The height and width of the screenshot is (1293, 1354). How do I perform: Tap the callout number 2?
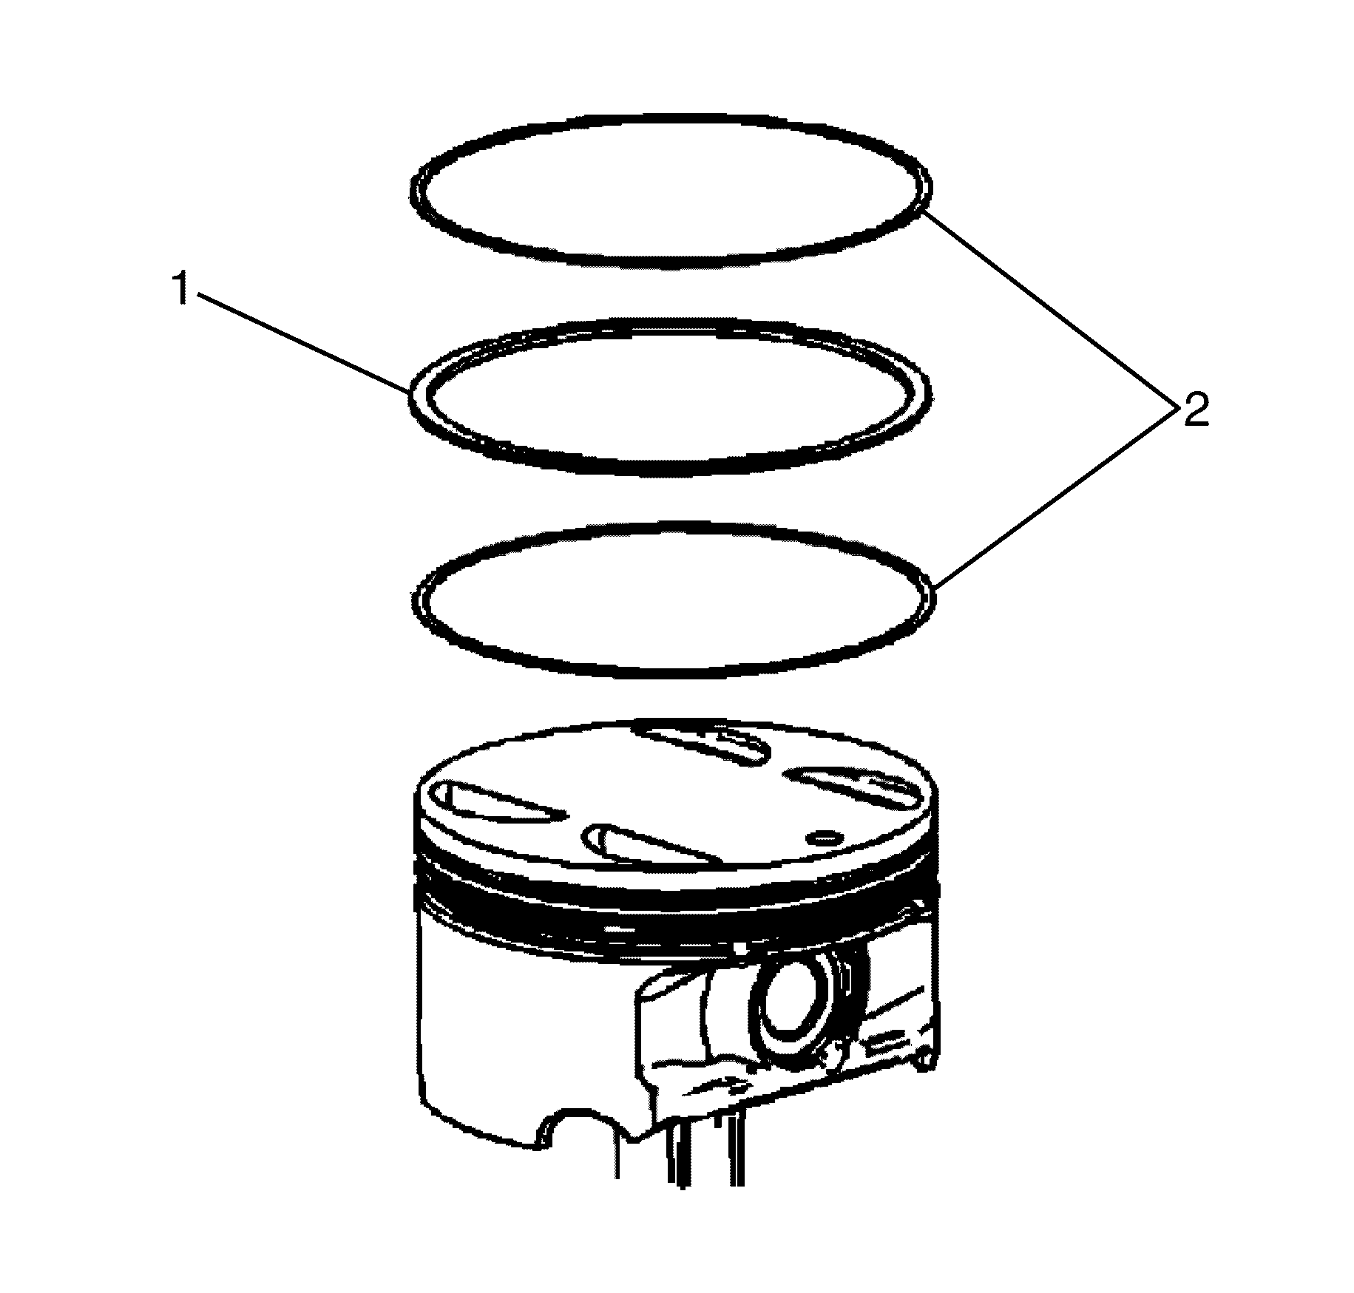pos(1195,410)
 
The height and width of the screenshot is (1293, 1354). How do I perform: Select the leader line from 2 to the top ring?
pos(1049,309)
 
